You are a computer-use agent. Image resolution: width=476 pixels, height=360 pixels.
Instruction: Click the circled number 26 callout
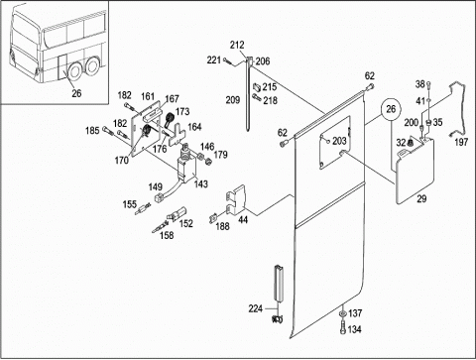391,109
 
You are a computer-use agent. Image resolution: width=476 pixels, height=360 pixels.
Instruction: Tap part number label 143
201,184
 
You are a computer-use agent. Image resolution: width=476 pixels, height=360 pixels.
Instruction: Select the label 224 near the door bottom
255,308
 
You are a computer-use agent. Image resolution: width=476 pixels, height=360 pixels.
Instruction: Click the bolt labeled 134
343,328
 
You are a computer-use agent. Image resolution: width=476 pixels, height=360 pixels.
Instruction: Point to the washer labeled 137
343,313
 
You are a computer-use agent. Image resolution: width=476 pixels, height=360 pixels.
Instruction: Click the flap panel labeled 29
415,171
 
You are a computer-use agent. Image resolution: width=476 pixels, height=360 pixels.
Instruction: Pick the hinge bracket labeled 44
236,200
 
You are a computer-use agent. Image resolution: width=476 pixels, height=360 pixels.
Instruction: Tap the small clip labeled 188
213,218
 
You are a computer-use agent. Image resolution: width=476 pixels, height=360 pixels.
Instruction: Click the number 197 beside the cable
461,142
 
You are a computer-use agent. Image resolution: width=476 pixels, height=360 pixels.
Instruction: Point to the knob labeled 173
170,119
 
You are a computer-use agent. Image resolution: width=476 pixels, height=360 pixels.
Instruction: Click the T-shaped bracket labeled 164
177,135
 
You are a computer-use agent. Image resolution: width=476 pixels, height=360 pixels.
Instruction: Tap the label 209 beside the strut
233,99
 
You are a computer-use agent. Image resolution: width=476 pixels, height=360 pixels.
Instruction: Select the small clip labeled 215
257,87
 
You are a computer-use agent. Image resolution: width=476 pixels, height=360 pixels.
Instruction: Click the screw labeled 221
226,60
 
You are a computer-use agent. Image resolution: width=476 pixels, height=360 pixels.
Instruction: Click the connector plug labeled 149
160,198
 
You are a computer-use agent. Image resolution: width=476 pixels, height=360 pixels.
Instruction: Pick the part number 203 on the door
339,141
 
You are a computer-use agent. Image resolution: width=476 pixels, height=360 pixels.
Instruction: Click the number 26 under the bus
76,93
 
